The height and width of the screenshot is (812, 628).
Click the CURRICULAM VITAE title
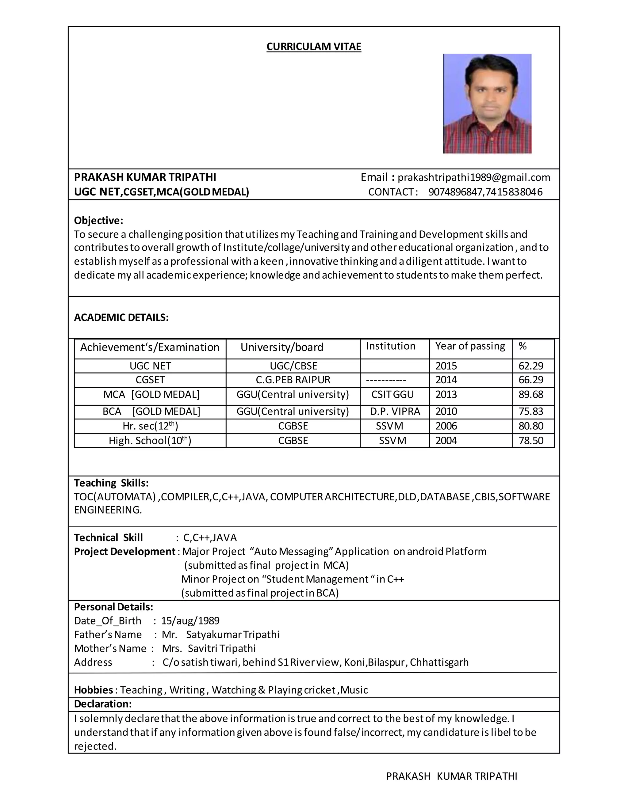[x=314, y=47]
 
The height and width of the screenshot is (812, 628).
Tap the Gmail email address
[x=473, y=177]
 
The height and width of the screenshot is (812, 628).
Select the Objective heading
[x=98, y=221]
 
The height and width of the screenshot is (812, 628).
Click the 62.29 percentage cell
[x=530, y=366]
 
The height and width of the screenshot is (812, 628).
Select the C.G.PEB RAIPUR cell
[x=293, y=380]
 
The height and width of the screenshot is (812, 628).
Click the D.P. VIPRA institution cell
[x=395, y=412]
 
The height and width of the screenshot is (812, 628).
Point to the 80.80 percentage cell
[x=530, y=426]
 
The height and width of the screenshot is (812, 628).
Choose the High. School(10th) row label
[x=150, y=441]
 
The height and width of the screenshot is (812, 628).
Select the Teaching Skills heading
[x=111, y=483]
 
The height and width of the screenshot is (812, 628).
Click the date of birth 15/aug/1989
[x=190, y=621]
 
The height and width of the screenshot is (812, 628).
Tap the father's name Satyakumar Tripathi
[x=232, y=635]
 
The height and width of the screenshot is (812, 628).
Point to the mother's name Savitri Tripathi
[x=221, y=648]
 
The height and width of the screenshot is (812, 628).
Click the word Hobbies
[x=94, y=690]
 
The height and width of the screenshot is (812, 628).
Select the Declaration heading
[x=103, y=704]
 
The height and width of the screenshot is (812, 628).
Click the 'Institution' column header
[x=390, y=346]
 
